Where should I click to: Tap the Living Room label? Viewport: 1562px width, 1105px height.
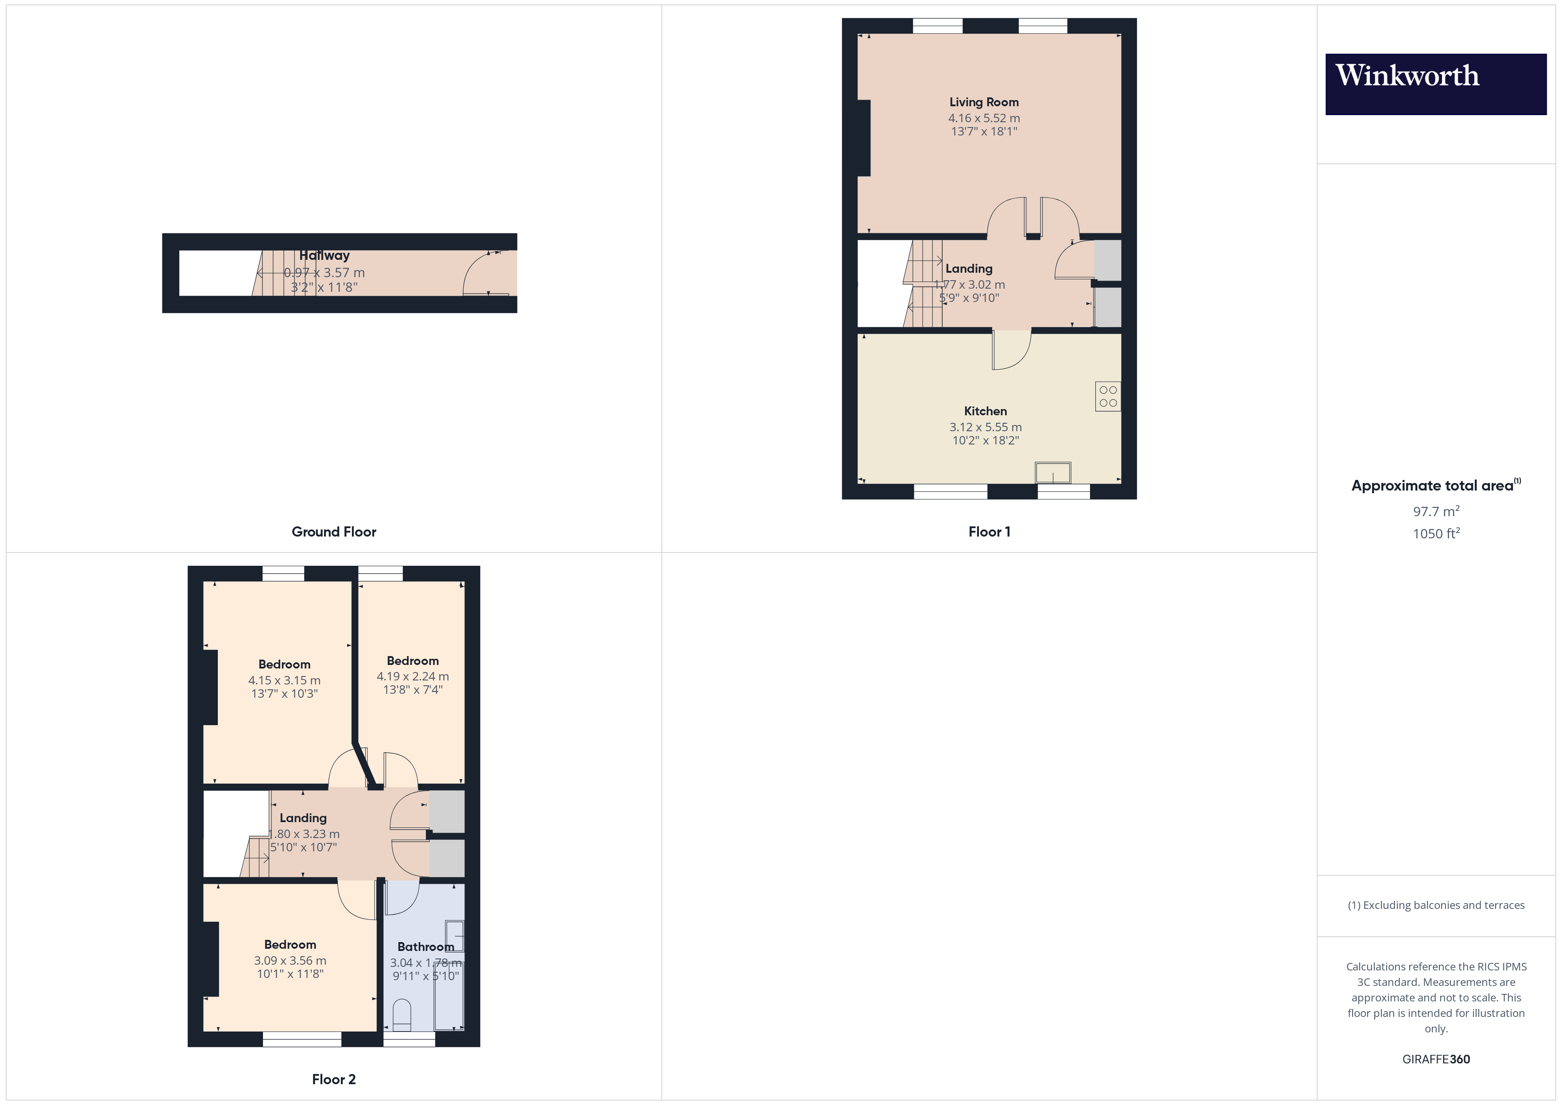(x=984, y=102)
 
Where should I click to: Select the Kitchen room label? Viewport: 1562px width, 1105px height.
(x=985, y=411)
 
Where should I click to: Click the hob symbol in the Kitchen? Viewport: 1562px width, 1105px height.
(x=1108, y=396)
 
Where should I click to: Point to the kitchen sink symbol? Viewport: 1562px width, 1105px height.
(x=1052, y=472)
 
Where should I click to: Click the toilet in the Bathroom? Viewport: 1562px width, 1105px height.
(x=402, y=1014)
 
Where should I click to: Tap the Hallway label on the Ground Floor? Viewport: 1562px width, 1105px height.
(x=325, y=255)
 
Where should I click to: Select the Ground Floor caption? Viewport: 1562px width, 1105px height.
(x=333, y=531)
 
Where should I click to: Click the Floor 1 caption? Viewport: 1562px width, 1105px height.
(x=989, y=531)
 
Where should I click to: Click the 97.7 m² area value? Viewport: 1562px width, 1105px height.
(x=1435, y=511)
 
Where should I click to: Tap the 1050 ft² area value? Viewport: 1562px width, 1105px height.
(x=1435, y=533)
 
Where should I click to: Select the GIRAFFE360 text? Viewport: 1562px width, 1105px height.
(x=1435, y=1059)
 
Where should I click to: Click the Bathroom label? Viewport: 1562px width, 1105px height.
(x=425, y=947)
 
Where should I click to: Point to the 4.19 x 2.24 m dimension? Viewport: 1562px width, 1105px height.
(x=412, y=676)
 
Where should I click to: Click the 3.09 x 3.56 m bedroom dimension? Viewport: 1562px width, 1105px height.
(x=290, y=961)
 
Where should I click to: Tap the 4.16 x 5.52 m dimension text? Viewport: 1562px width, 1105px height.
(x=984, y=118)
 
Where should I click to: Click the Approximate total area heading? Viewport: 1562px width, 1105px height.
(x=1432, y=485)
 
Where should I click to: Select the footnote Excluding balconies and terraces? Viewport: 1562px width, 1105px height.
(x=1435, y=905)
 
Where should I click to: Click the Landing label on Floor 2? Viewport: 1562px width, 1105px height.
(x=303, y=818)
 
